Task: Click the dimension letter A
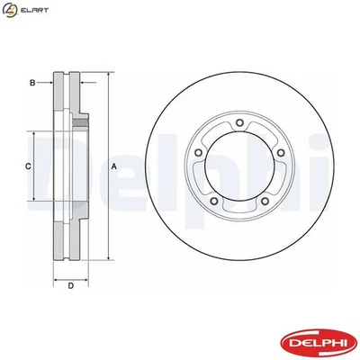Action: (x=114, y=168)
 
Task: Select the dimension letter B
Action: (x=33, y=83)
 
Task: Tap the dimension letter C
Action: (x=27, y=167)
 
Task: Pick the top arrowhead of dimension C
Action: (x=36, y=132)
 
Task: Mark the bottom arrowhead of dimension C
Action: (x=36, y=203)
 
